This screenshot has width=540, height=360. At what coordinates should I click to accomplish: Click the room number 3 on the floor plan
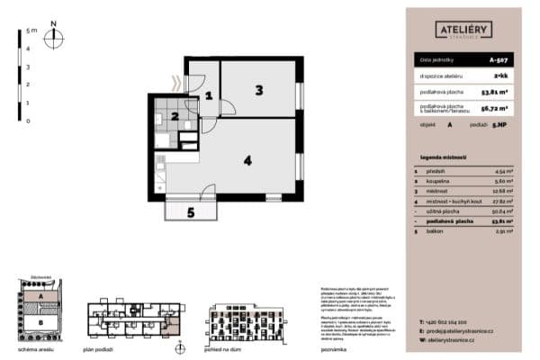258,89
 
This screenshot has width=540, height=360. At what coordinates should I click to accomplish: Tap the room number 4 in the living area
246,161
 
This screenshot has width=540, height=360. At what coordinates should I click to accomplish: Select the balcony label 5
190,213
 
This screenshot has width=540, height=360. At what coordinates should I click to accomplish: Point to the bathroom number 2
176,114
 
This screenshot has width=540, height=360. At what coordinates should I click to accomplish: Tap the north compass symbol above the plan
54,37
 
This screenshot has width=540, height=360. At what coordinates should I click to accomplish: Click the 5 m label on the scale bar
31,30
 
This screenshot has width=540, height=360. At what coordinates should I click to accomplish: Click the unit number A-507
498,60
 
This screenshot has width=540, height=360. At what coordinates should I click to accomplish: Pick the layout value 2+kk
499,77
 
